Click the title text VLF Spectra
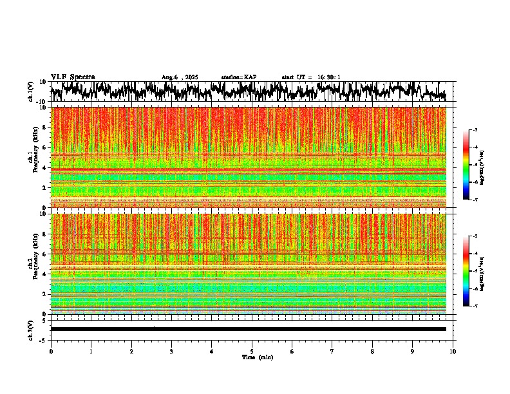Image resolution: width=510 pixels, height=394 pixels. [x=73, y=77]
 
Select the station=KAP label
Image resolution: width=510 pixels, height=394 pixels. [x=238, y=77]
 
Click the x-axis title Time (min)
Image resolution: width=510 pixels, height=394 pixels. [x=257, y=357]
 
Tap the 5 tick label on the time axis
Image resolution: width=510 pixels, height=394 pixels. [x=252, y=351]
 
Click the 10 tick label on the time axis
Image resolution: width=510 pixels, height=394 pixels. [x=453, y=351]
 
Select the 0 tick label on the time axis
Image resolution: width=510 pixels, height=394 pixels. [x=51, y=351]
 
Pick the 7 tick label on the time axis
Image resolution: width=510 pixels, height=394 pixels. [x=332, y=351]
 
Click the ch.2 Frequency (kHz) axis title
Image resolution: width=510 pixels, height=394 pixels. [x=33, y=263]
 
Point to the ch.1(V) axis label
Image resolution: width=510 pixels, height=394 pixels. [x=30, y=92]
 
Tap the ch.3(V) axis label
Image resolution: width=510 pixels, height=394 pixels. [x=30, y=329]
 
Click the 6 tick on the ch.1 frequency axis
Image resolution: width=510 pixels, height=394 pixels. [x=45, y=147]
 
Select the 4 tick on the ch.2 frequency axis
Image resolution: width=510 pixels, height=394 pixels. [x=45, y=274]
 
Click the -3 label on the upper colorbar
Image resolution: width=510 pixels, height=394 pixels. [x=475, y=130]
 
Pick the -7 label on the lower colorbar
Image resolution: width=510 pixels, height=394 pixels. [x=475, y=306]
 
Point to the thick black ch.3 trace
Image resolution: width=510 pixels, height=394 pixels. [x=248, y=329]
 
